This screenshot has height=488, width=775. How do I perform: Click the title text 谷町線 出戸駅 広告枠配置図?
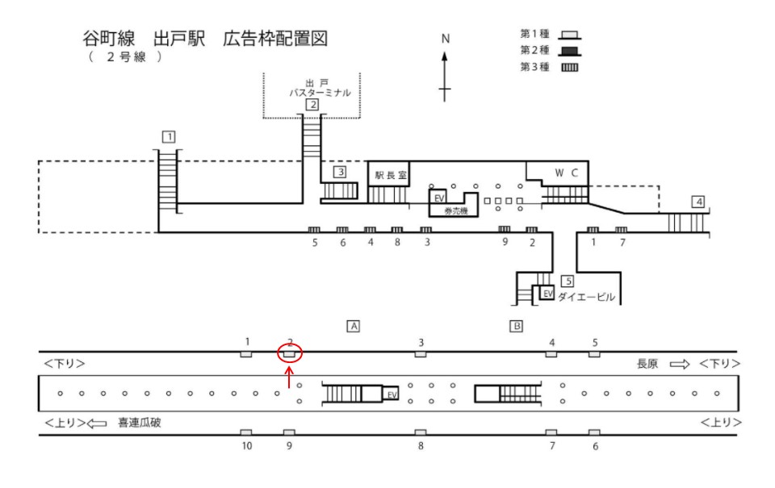[206, 40]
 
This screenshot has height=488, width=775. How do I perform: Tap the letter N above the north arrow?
[445, 39]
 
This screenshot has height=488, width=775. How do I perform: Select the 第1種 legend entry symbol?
[571, 35]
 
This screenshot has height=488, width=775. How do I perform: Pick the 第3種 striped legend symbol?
[571, 67]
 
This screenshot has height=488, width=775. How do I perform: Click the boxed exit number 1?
[168, 136]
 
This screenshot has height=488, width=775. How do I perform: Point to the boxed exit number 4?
[698, 201]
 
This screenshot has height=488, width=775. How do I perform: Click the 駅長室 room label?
[390, 174]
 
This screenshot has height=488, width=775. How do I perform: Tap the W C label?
[566, 173]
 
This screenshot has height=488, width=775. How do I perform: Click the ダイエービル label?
[587, 298]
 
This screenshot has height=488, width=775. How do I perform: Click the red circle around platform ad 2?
[290, 352]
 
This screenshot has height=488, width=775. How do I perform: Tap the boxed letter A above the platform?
[352, 326]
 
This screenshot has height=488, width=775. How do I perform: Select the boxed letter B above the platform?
[516, 326]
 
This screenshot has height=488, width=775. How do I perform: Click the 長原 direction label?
[648, 364]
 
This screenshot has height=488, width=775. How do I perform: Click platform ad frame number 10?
[246, 433]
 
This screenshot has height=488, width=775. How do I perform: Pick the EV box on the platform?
[392, 394]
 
